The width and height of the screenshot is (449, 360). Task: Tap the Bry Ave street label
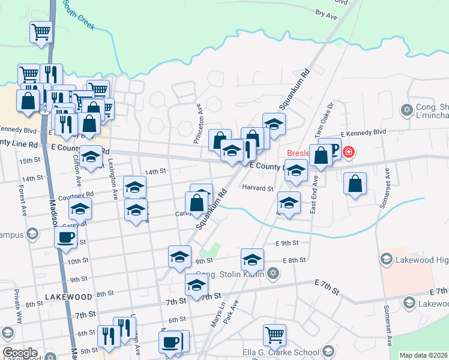click(327, 14)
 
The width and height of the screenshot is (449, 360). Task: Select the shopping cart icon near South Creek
click(41, 32)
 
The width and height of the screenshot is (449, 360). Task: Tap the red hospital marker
click(348, 153)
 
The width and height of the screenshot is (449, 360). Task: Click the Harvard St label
click(258, 188)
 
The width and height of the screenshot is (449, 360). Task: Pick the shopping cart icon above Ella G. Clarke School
click(274, 335)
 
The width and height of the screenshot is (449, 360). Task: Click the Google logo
click(20, 353)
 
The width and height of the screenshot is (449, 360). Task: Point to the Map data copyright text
click(423, 355)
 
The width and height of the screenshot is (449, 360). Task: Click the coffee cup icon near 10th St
click(65, 237)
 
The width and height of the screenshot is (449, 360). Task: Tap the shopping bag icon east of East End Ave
click(355, 184)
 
